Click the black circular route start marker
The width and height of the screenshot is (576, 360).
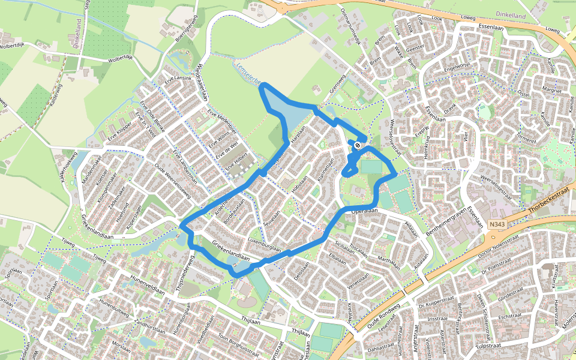358,145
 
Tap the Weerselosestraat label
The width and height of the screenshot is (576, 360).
501,180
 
